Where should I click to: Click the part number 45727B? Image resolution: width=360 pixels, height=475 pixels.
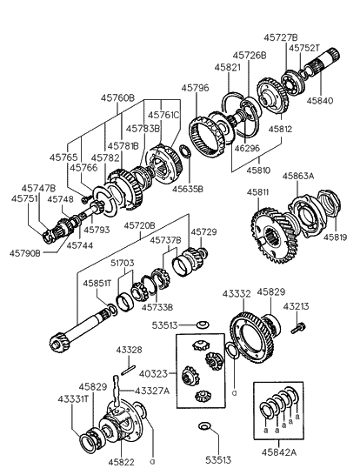click(281, 37)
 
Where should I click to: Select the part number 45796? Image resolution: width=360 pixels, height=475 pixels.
click(195, 88)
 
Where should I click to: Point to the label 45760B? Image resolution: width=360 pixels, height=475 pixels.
click(118, 98)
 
